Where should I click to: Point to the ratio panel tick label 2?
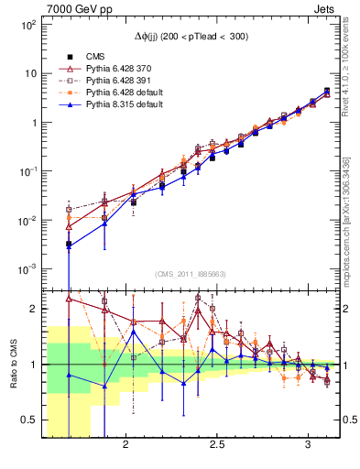(35, 309)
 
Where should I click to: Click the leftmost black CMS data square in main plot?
(69, 245)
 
